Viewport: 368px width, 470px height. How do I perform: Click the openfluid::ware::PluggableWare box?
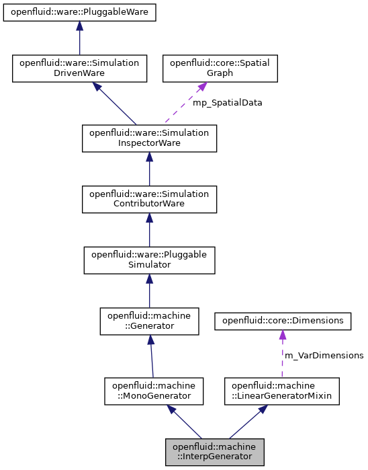point(79,12)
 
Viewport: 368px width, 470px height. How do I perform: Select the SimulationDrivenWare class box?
point(79,69)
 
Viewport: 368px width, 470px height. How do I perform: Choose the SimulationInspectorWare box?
point(149,139)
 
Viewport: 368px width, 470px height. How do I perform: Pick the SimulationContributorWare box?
point(149,199)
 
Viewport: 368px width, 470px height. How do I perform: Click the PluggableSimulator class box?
point(149,260)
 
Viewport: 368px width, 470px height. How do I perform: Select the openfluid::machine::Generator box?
point(149,321)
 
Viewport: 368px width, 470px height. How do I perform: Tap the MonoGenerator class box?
point(154,391)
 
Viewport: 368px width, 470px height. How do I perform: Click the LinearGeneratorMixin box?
point(282,391)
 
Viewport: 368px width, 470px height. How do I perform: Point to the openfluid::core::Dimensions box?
point(282,321)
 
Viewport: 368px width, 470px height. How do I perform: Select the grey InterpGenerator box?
point(215,451)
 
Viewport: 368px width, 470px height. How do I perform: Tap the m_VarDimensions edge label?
point(323,355)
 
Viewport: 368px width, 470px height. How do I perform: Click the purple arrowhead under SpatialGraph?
point(201,88)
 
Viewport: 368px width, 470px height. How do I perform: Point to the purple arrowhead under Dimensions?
point(282,335)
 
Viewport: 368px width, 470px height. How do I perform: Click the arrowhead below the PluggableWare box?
point(79,26)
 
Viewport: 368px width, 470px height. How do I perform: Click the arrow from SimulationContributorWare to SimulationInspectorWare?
point(149,169)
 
